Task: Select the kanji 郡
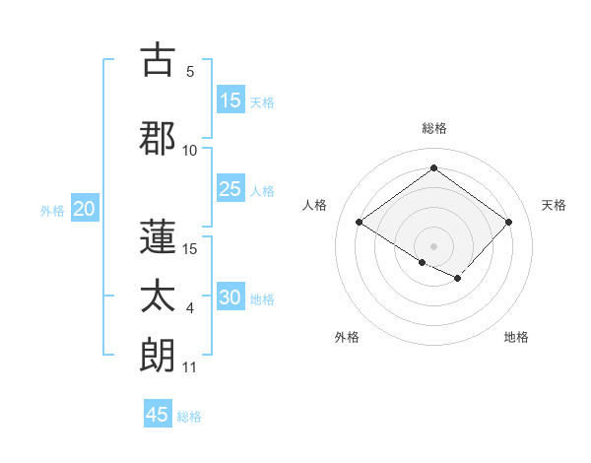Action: tap(158, 138)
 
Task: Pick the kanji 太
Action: tap(158, 296)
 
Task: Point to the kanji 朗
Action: tap(158, 355)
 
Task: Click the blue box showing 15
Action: tap(230, 100)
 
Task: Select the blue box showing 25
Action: tap(230, 189)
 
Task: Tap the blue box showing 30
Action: tap(230, 298)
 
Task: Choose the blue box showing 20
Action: tap(85, 209)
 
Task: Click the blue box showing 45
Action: tap(158, 415)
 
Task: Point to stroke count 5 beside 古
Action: tap(190, 72)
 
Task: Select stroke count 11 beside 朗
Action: tap(189, 367)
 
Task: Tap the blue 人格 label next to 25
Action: tap(262, 190)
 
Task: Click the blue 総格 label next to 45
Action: tap(189, 417)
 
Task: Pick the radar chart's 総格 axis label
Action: tap(433, 128)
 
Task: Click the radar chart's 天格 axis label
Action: tap(555, 205)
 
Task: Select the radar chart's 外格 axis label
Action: tap(347, 337)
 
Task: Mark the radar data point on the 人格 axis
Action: tap(360, 223)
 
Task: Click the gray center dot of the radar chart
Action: tap(433, 245)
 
